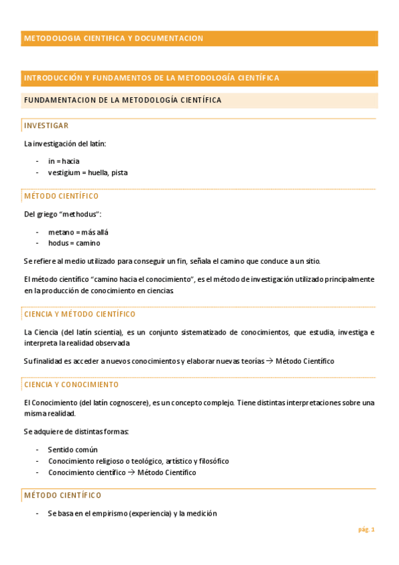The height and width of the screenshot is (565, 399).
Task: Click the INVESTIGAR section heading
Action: (x=46, y=125)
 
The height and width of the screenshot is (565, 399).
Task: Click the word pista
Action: (x=119, y=173)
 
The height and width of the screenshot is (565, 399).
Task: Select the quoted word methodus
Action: (x=79, y=214)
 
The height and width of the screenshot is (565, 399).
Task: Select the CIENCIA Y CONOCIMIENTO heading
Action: (x=71, y=384)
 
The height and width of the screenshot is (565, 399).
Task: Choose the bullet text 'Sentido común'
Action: (x=73, y=449)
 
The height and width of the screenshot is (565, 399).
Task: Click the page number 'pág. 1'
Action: (x=366, y=530)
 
